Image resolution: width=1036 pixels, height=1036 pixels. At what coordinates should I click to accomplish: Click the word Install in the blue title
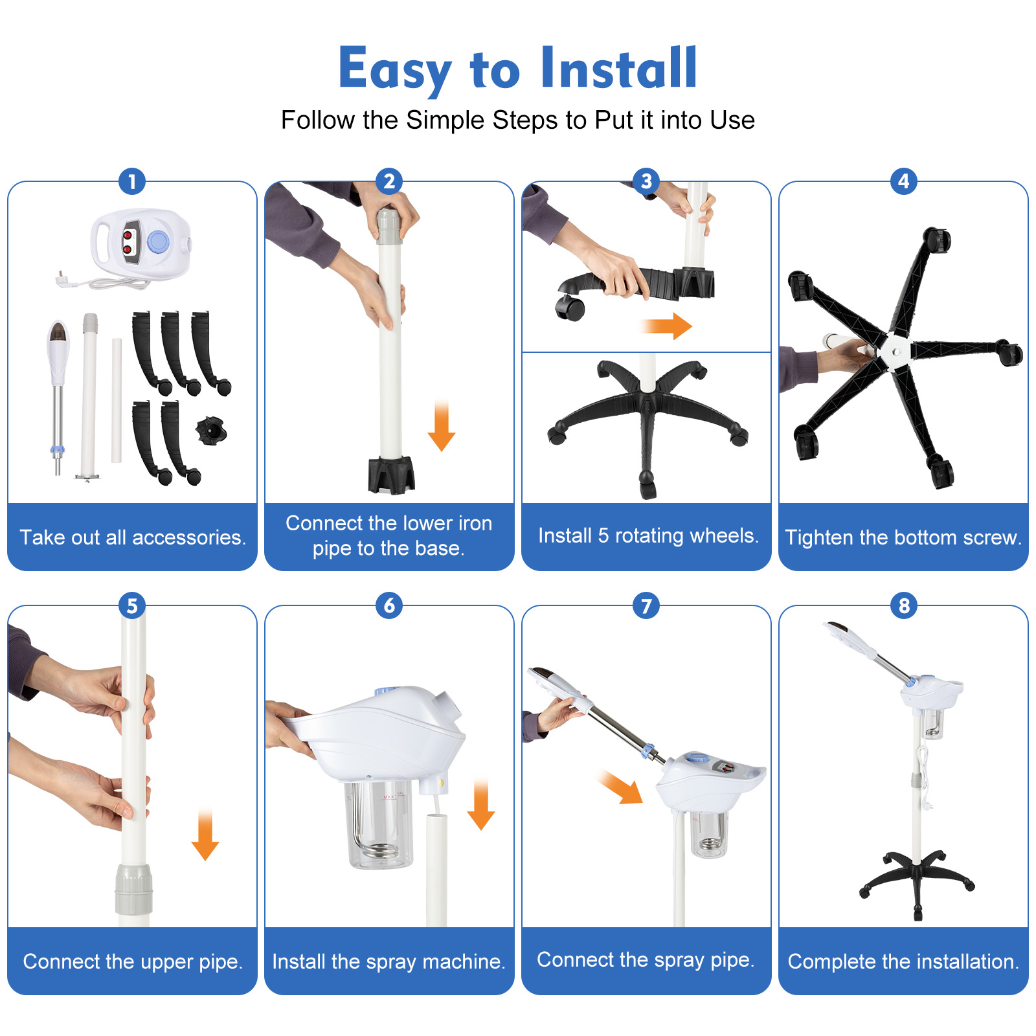point(618,68)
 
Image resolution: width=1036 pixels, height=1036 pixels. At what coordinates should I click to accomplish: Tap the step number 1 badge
point(132,181)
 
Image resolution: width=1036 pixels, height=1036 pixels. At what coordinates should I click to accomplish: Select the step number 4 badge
point(904,181)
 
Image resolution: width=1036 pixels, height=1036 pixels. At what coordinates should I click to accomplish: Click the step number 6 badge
point(389,605)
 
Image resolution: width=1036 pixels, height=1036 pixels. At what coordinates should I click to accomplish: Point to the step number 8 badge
point(904,605)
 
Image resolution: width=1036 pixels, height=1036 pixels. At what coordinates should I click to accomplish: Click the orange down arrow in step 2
point(442,425)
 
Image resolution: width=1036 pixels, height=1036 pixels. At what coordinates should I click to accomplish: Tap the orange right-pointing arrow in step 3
point(667,326)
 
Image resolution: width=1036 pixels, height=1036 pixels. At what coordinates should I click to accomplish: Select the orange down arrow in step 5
point(205,835)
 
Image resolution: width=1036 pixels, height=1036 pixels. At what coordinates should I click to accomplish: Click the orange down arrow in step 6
point(481,805)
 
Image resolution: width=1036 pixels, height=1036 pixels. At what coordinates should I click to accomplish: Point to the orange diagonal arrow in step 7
point(621,787)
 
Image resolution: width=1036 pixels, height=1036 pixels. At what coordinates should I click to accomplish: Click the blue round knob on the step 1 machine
point(158,242)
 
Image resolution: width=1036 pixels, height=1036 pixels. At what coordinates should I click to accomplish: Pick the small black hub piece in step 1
point(211,430)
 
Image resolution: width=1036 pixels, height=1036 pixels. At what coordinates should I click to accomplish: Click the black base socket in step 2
point(391,475)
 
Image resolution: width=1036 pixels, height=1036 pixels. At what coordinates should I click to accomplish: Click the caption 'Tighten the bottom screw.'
point(903,537)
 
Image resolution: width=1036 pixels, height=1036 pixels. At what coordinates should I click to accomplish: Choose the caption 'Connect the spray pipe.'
point(646,960)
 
